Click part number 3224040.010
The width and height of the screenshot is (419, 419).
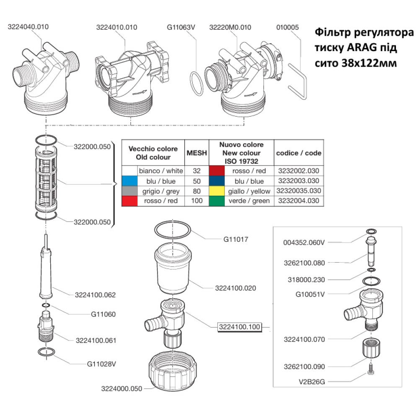[x=28, y=27]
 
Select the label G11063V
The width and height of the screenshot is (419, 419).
[x=181, y=27]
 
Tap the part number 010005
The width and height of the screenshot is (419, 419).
[x=287, y=27]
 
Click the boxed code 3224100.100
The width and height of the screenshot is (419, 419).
[x=239, y=327]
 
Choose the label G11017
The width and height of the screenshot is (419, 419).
[x=236, y=240]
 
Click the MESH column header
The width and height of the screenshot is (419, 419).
[x=197, y=153]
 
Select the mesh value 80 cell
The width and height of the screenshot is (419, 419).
[x=197, y=191]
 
